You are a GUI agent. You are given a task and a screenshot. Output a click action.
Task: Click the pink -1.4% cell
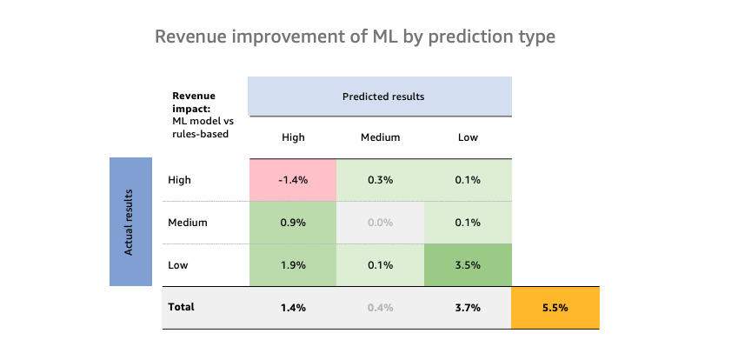(x=293, y=180)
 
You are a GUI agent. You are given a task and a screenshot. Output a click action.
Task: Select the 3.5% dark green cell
(x=467, y=264)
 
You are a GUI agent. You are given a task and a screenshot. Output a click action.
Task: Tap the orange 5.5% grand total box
(x=555, y=307)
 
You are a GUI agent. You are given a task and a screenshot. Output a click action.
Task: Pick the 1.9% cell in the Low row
(x=293, y=264)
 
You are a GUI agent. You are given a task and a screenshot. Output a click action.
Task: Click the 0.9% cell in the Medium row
(x=293, y=222)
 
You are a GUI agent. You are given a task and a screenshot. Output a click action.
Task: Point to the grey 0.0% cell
(x=380, y=222)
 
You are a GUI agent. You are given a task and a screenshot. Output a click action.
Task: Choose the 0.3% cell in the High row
(x=380, y=180)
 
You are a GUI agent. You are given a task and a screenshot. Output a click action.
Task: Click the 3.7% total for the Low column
(x=467, y=307)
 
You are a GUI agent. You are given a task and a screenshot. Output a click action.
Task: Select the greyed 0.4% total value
(x=380, y=307)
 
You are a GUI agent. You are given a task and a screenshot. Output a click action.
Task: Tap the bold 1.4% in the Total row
(x=293, y=307)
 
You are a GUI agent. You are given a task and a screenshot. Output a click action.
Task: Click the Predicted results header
(x=380, y=97)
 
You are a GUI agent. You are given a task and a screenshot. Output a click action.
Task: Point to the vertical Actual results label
(x=130, y=222)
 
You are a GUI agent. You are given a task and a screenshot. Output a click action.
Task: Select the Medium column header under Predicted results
(x=380, y=137)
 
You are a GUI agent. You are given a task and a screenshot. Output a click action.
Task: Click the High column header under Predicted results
(x=293, y=137)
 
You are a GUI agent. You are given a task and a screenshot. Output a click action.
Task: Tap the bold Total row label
(x=182, y=307)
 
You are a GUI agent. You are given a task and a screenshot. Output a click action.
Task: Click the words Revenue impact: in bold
(x=193, y=103)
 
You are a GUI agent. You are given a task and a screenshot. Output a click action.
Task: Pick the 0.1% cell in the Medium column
(x=380, y=264)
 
